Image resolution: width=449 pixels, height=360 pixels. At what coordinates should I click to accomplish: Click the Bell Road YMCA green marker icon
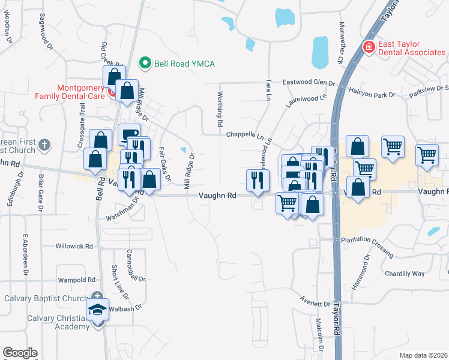(145, 63)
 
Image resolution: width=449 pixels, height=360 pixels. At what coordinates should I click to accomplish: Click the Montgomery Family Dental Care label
(80, 91)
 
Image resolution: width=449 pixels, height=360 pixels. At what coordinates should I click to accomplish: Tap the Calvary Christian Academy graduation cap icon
(97, 311)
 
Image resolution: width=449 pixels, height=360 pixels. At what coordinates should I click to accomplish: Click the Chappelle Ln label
(245, 135)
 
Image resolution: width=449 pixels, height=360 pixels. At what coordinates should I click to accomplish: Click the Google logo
(20, 353)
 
